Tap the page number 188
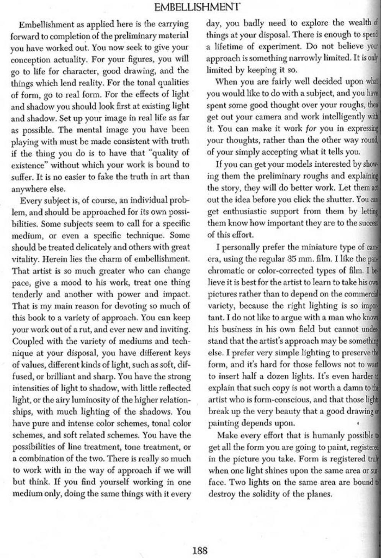200,551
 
